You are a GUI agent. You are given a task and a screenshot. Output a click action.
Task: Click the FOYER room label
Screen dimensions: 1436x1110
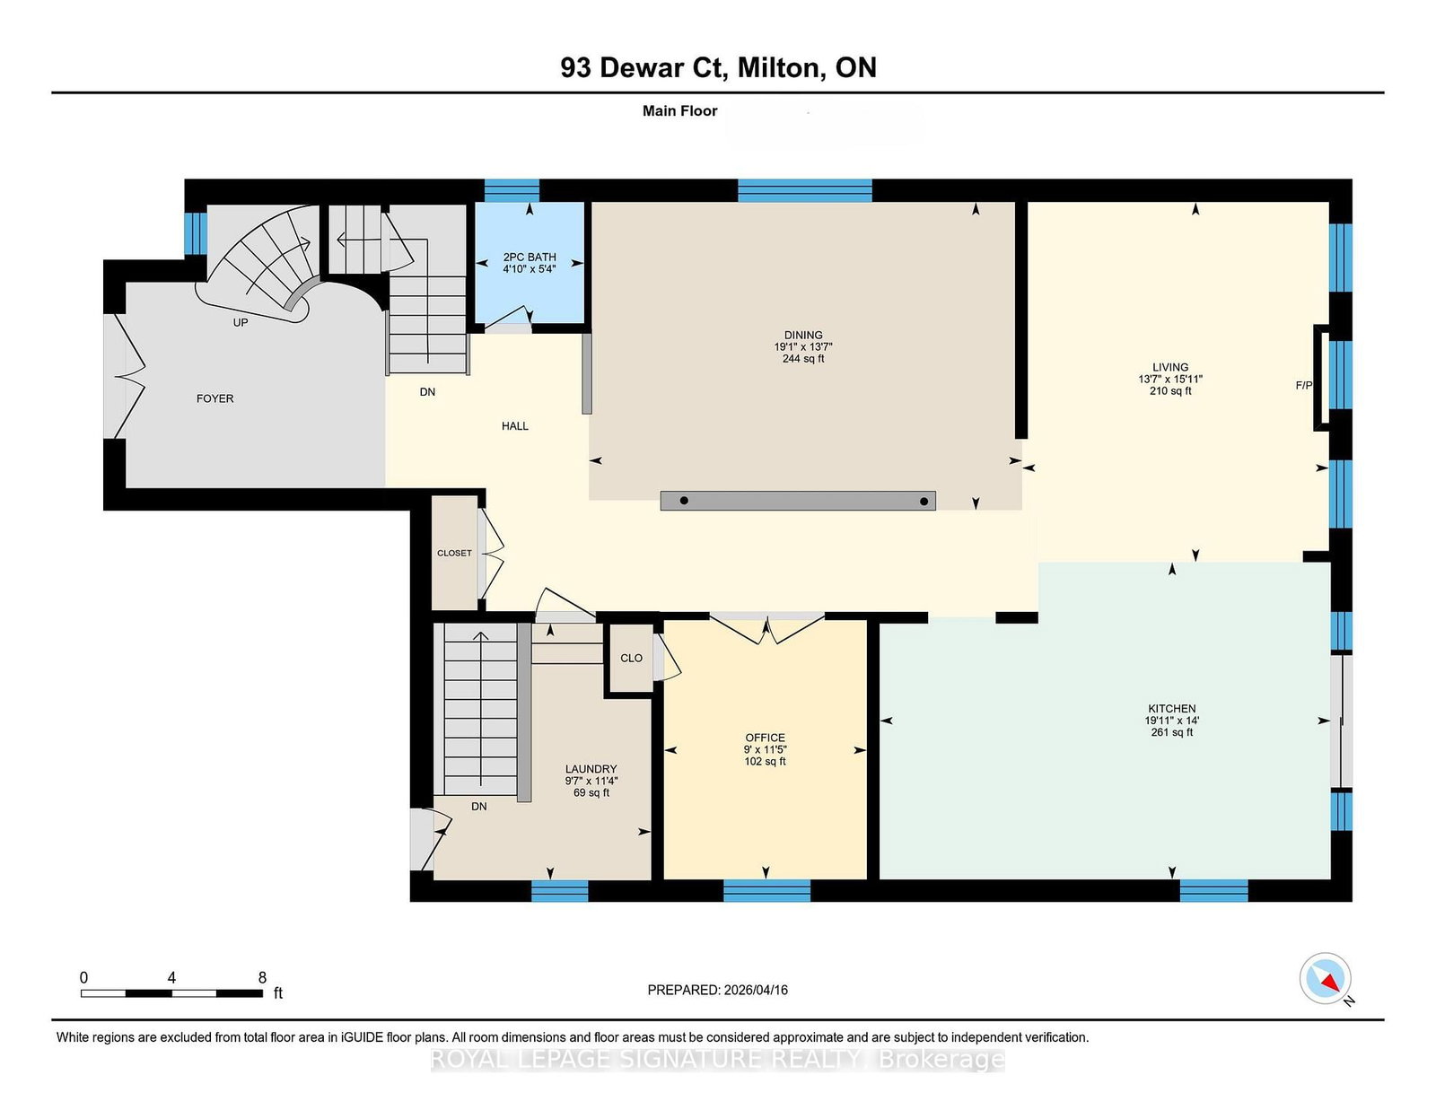[215, 398]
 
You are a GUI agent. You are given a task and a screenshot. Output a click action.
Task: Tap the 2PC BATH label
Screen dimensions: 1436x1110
[530, 257]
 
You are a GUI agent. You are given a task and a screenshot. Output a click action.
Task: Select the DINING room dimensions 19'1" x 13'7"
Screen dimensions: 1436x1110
[803, 347]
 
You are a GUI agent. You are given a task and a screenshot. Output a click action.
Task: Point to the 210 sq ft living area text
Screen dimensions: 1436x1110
[1170, 391]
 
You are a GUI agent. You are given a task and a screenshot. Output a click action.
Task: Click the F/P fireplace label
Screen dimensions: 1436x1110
[1304, 385]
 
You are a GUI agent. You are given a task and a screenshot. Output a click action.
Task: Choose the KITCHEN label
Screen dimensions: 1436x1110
[1171, 709]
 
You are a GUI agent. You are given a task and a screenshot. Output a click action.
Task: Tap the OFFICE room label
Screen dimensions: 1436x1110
[766, 738]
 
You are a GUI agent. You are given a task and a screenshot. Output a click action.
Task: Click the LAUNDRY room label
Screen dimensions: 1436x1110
[591, 769]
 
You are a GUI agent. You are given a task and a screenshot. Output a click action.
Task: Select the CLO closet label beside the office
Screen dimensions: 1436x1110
[631, 658]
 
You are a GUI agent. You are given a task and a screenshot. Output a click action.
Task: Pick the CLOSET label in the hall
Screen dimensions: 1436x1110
[454, 553]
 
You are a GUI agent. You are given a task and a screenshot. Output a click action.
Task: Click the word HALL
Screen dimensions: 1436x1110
[515, 426]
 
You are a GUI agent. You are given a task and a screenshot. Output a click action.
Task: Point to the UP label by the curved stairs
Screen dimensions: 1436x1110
[241, 322]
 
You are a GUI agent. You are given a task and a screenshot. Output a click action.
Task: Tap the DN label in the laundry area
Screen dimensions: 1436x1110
[479, 806]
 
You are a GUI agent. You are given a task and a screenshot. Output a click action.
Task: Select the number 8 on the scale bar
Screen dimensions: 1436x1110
[262, 978]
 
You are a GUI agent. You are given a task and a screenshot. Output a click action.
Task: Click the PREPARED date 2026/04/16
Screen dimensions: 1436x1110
[756, 990]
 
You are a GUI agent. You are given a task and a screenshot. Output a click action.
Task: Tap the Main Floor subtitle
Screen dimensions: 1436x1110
[679, 111]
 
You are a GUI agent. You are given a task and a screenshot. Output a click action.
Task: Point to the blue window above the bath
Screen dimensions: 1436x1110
[512, 190]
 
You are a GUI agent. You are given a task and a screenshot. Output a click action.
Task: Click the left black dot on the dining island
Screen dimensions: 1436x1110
[684, 501]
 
